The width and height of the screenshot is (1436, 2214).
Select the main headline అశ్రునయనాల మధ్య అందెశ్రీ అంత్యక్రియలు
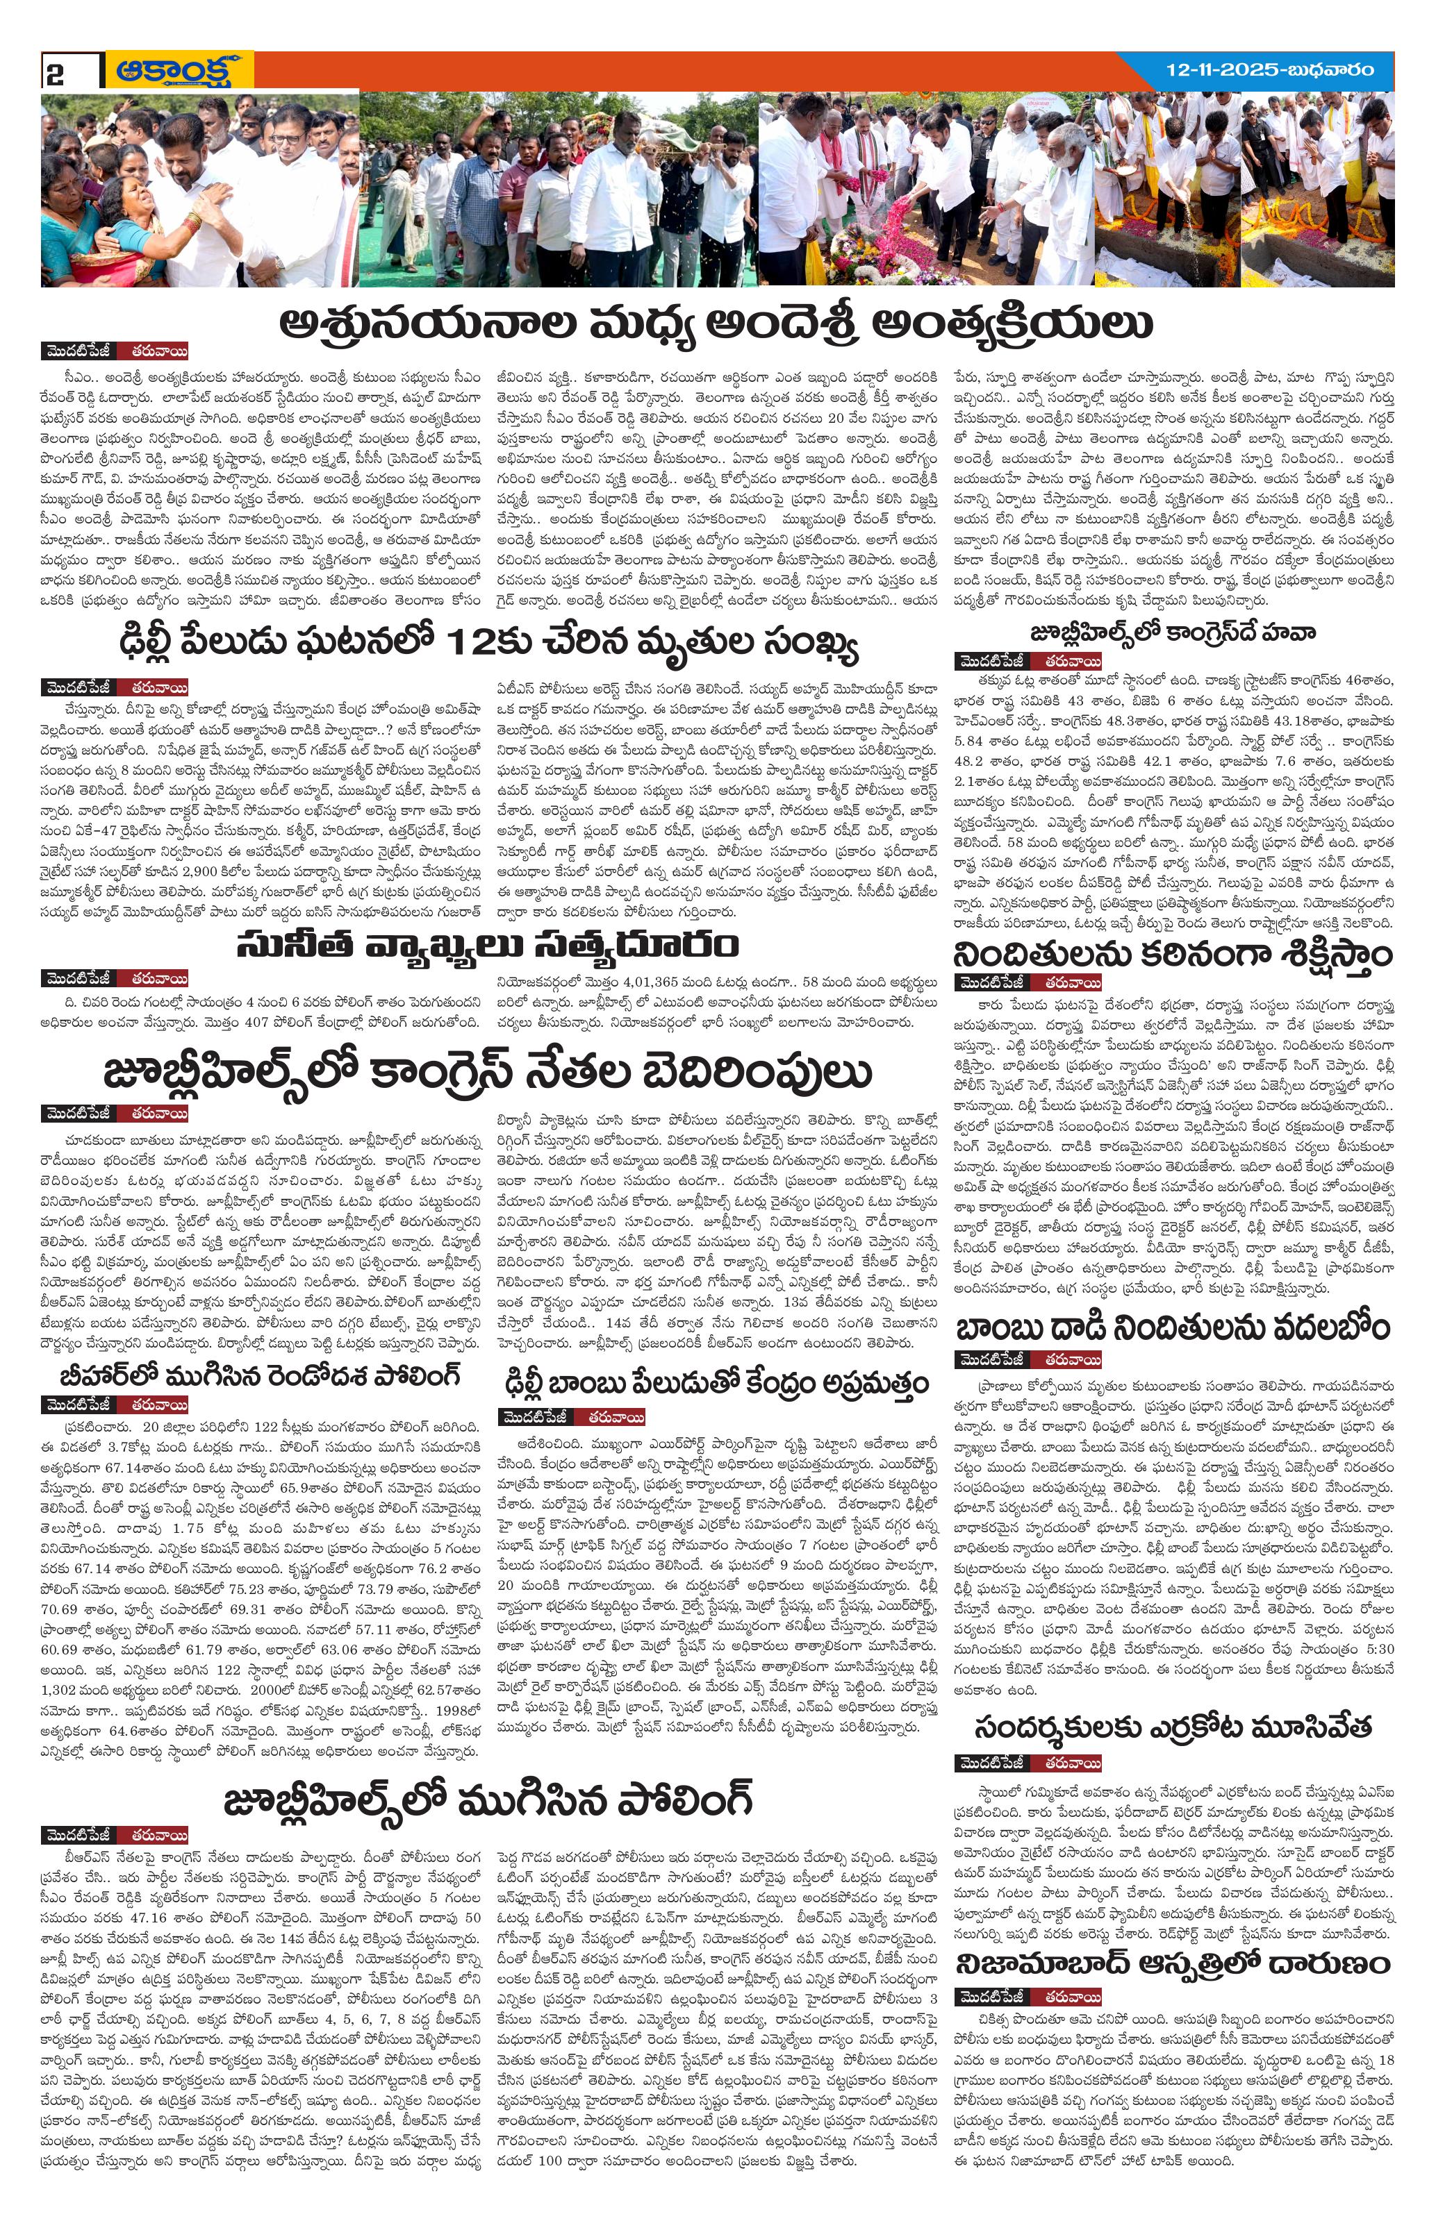tap(716, 323)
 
